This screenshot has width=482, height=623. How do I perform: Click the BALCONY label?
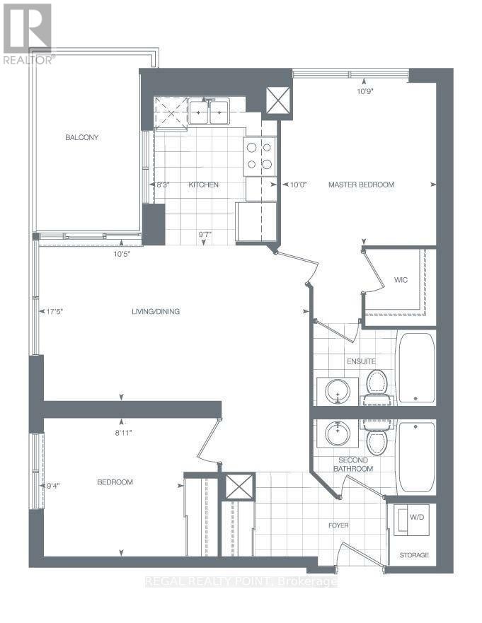(x=82, y=137)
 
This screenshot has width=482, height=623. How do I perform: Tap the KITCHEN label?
(x=203, y=185)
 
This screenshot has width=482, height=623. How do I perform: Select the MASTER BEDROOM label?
(x=361, y=185)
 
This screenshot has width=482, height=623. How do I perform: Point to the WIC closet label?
(x=401, y=280)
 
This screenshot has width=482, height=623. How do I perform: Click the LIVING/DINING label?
(x=156, y=311)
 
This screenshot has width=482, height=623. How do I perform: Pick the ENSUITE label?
(x=361, y=361)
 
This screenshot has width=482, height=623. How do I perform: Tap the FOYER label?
(x=338, y=525)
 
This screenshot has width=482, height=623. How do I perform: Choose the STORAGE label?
(x=414, y=555)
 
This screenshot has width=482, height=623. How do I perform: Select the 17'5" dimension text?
(x=55, y=312)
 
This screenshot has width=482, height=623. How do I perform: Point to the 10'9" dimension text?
(x=365, y=91)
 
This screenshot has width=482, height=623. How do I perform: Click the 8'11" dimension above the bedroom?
(x=123, y=433)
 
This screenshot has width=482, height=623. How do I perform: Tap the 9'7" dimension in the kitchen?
(x=205, y=234)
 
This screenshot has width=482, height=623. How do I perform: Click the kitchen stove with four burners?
(x=260, y=156)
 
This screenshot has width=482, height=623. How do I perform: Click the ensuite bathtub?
(x=416, y=368)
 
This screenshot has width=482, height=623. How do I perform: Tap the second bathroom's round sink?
(x=338, y=432)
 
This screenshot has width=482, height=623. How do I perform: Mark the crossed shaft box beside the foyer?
(x=239, y=487)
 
